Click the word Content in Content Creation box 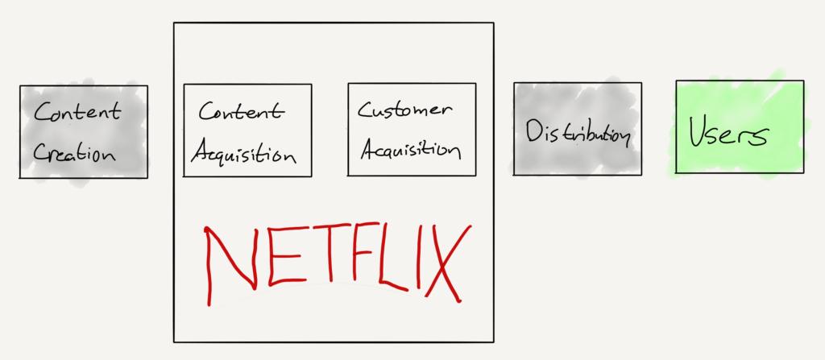click(77, 112)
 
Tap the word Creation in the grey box click(74, 151)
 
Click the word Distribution click(577, 133)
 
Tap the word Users click(728, 133)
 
